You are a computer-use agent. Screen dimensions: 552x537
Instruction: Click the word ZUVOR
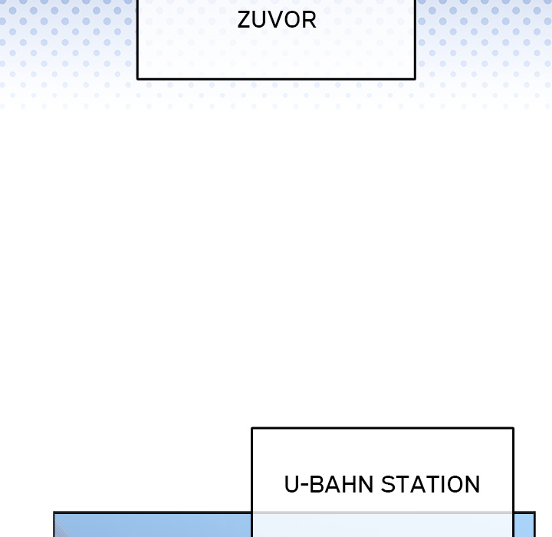pyautogui.click(x=277, y=20)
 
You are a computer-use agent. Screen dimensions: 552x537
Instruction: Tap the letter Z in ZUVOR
pyautogui.click(x=244, y=20)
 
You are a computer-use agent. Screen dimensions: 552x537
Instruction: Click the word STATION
pyautogui.click(x=431, y=485)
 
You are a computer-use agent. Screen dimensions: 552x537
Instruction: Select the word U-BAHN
pyautogui.click(x=328, y=485)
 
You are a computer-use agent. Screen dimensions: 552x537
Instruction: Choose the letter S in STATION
pyautogui.click(x=388, y=485)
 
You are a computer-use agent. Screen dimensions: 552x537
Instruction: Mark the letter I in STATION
pyautogui.click(x=444, y=485)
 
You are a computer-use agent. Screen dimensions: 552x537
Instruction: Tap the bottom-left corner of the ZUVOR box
pyautogui.click(x=138, y=79)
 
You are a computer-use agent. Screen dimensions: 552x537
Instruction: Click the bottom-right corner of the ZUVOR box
pyautogui.click(x=415, y=79)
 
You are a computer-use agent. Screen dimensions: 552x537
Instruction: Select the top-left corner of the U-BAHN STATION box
pyautogui.click(x=252, y=429)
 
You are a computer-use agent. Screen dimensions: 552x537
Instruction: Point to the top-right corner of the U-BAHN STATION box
pyautogui.click(x=513, y=429)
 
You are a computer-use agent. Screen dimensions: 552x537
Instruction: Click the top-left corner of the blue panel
pyautogui.click(x=54, y=512)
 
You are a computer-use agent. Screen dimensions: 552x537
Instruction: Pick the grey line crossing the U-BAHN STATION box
pyautogui.click(x=383, y=512)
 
